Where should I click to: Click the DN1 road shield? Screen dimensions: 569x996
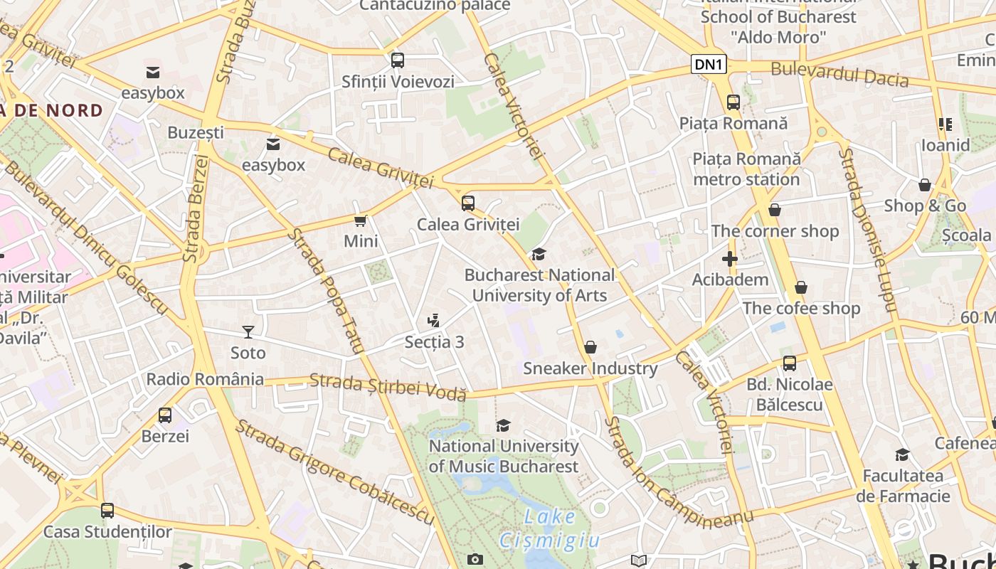click(709, 65)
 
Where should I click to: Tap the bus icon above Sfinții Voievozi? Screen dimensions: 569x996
click(398, 60)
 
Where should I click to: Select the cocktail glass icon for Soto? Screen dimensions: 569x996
click(248, 331)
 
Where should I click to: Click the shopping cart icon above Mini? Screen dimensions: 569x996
click(361, 220)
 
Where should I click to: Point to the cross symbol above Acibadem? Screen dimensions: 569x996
click(730, 259)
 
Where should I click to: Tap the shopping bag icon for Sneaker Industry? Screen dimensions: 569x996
click(590, 347)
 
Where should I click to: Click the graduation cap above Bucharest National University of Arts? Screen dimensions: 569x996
click(539, 255)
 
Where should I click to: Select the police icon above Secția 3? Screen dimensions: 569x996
click(434, 321)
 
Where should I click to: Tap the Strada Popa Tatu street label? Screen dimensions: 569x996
click(326, 292)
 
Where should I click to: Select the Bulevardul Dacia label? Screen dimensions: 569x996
click(839, 74)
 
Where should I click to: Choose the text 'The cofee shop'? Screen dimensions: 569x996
click(801, 309)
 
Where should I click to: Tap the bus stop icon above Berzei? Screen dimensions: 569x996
click(165, 415)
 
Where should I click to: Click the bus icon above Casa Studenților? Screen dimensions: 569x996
click(107, 511)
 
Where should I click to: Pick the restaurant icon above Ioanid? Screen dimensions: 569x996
click(945, 124)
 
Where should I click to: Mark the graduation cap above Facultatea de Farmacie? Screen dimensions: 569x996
click(902, 455)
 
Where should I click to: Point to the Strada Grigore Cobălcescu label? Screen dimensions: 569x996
click(334, 471)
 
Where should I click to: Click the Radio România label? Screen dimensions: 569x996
click(205, 379)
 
